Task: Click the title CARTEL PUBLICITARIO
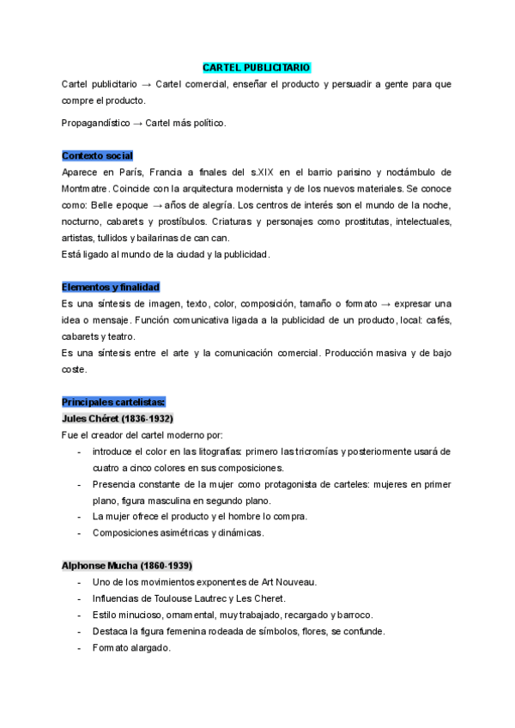click(257, 67)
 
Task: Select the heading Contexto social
click(97, 155)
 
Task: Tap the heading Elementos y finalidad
click(111, 287)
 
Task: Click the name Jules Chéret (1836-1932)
click(118, 418)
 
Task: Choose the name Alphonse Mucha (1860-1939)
click(127, 566)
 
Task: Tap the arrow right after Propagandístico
click(139, 123)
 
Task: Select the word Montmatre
click(86, 188)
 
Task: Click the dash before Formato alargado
click(79, 648)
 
